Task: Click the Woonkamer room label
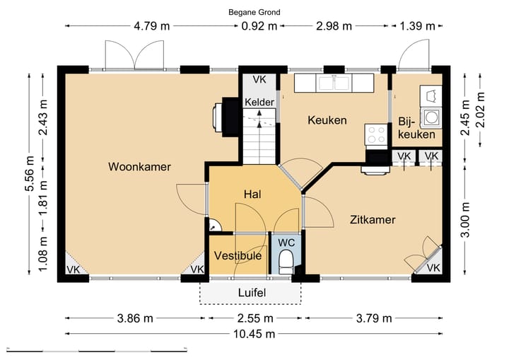[139, 167]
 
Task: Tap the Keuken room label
[327, 120]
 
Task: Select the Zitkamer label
[372, 220]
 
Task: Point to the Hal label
[253, 194]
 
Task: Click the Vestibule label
[238, 255]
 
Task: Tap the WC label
[286, 242]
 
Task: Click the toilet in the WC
[286, 264]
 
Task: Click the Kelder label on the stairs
[259, 103]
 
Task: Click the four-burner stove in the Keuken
[375, 134]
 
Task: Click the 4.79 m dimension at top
[151, 27]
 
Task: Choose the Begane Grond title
[254, 12]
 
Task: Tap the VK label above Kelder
[259, 80]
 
